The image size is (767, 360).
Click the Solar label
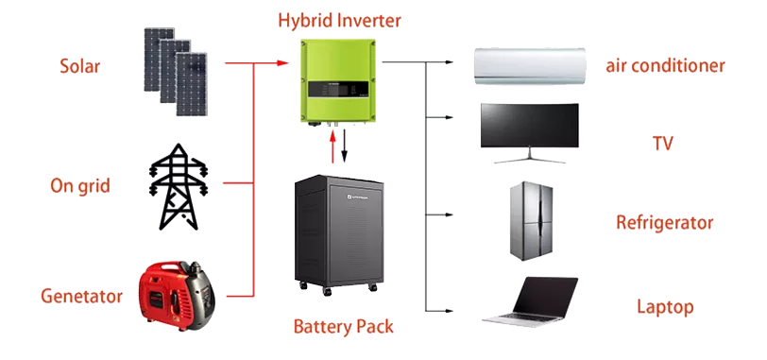click(x=80, y=67)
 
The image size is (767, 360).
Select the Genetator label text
click(x=81, y=297)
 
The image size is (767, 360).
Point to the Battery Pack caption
click(x=343, y=328)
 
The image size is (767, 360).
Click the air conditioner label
click(x=665, y=66)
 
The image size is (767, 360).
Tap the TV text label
click(x=662, y=144)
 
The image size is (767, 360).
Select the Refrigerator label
click(x=665, y=224)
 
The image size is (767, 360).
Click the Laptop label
click(x=665, y=307)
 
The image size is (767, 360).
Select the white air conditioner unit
click(x=529, y=67)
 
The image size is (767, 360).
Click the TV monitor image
click(x=529, y=130)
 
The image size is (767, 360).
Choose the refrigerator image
click(x=529, y=221)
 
